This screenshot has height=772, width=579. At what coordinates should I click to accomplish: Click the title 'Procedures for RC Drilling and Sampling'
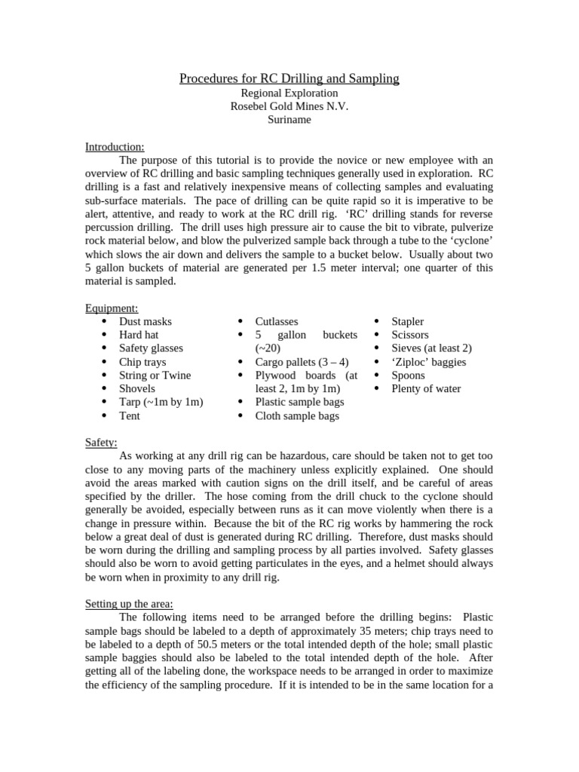289,78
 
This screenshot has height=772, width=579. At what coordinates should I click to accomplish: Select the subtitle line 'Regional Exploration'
289,93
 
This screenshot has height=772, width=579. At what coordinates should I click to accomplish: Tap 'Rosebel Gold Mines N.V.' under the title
289,106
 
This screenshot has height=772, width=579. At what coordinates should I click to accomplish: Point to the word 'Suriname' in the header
289,120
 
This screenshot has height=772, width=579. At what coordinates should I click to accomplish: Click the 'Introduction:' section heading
115,146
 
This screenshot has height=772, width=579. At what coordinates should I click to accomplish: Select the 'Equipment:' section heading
112,308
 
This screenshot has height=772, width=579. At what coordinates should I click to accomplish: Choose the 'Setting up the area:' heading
129,604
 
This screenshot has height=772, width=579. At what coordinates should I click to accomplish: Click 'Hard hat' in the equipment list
139,335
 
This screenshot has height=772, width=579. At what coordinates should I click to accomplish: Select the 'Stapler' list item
407,321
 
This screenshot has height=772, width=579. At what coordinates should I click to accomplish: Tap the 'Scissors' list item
409,335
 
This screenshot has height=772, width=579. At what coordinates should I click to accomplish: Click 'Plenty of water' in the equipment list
426,389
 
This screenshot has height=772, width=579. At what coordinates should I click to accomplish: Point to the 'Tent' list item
129,415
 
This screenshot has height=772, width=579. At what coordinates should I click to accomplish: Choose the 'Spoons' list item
408,375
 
